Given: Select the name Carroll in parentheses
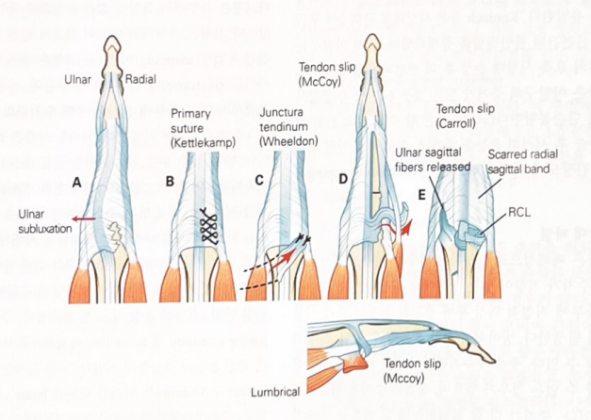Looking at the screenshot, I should pos(461,122).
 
